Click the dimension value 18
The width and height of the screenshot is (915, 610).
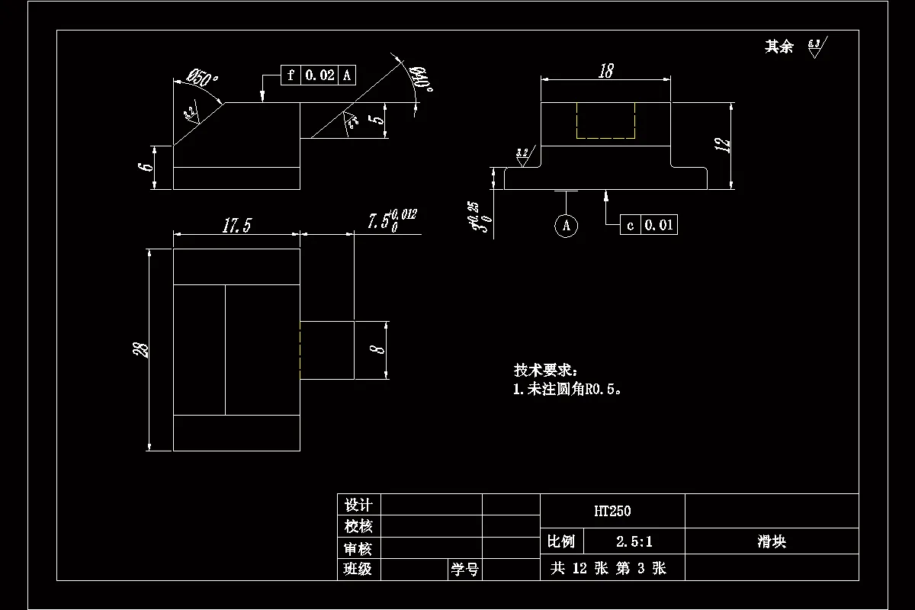[606, 71]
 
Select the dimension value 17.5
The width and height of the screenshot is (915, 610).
[236, 226]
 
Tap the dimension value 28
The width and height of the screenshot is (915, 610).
[141, 349]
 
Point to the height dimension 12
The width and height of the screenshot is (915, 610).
[724, 145]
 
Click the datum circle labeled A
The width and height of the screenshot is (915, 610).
[565, 225]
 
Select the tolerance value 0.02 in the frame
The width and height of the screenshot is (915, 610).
[319, 75]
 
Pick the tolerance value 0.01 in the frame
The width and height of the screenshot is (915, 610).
[659, 225]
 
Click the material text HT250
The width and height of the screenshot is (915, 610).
[612, 511]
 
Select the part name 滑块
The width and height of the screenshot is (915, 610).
[772, 542]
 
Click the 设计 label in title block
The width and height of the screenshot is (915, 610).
[358, 505]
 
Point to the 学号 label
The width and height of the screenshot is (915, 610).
[464, 570]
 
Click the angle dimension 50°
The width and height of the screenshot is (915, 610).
[203, 78]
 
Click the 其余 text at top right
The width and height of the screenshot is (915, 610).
[779, 47]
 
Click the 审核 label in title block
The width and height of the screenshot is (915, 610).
[358, 548]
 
